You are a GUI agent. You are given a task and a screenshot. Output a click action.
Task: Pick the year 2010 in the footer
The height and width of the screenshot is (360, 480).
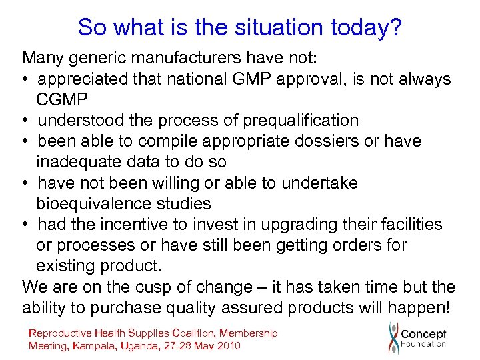(227, 345)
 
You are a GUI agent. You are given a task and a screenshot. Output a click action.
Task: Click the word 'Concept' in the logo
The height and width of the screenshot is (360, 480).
(423, 333)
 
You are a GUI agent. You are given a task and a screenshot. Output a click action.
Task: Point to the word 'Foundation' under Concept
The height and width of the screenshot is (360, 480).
(423, 345)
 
